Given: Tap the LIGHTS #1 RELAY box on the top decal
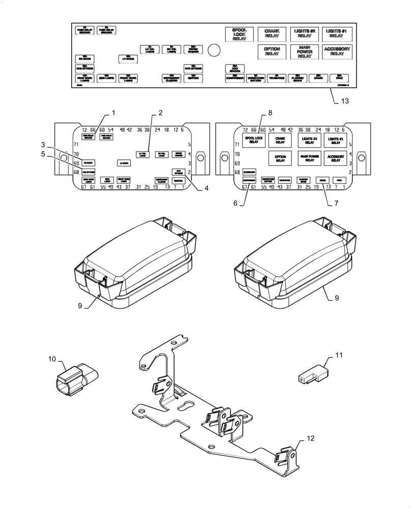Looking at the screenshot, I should click(x=337, y=34).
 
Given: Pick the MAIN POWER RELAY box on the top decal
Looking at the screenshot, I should click(x=305, y=52).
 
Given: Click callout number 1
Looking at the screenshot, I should click(x=114, y=112).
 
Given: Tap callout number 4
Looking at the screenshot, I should click(x=206, y=188).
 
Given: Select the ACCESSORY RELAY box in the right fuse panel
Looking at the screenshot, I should click(x=335, y=159).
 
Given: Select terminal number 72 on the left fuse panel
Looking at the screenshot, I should click(x=84, y=130).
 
